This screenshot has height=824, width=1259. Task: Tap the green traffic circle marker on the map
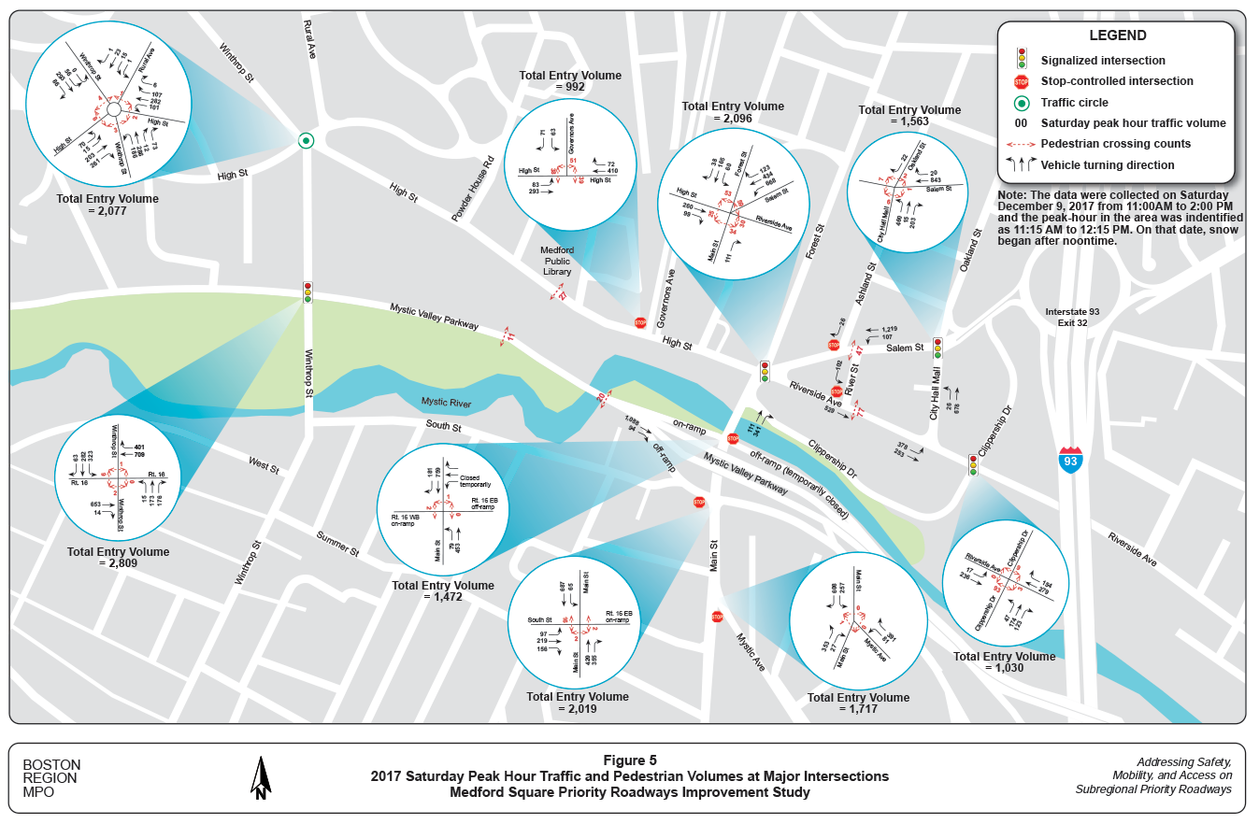coord(305,140)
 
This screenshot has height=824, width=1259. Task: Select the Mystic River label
coord(446,403)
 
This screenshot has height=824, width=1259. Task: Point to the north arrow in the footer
coord(262,777)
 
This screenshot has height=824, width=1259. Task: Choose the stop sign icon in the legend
coord(1023,81)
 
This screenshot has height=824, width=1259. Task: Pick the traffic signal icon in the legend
coord(1023,59)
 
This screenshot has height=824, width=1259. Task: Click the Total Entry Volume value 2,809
coord(118,563)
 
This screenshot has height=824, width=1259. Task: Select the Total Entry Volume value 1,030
coord(1004,668)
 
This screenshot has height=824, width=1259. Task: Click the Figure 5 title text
coord(630,760)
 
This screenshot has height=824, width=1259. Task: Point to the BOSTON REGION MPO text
coord(51,777)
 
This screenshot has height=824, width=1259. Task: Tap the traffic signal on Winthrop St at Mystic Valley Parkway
coord(307,292)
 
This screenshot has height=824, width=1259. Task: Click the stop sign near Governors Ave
coord(640,322)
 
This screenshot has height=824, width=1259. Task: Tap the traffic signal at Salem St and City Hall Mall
coord(937,348)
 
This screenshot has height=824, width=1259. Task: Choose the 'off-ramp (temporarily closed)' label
coord(797,481)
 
